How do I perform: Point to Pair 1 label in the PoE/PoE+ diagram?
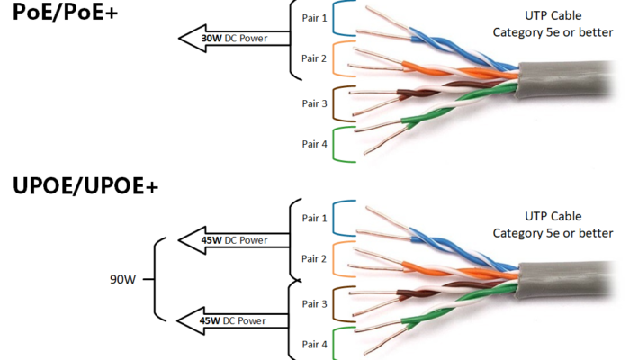coord(315,17)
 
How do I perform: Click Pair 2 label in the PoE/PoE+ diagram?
coord(315,58)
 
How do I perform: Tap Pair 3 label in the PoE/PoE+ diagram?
coord(315,103)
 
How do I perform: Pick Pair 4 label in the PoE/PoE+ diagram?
coord(315,144)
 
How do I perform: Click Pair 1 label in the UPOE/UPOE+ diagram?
coord(315,218)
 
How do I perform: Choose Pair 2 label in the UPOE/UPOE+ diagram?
coord(315,259)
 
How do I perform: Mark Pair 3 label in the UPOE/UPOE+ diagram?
coord(315,304)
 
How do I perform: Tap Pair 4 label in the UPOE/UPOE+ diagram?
coord(315,345)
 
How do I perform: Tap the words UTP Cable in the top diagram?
coord(553,16)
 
